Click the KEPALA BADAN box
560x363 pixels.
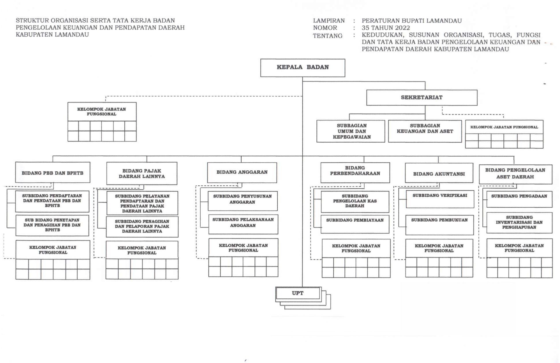coord(303,68)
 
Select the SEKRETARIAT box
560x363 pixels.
coord(421,98)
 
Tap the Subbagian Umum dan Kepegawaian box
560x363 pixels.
coord(351,131)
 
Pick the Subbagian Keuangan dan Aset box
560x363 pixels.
coord(425,131)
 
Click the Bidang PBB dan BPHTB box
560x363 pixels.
coord(53,173)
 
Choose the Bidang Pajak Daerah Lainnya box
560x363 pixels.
coord(142,174)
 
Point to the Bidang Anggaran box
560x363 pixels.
coord(242,172)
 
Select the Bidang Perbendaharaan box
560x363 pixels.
coord(355,172)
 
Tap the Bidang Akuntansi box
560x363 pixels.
coord(439,173)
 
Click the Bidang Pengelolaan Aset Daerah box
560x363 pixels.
coord(515,174)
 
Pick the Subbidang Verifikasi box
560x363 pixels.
coord(440,199)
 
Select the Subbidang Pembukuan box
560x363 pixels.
coord(440,225)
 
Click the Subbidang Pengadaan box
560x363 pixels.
coord(519,199)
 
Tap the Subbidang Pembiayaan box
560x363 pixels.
coord(355,224)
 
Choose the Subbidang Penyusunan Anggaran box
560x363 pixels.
coord(242,201)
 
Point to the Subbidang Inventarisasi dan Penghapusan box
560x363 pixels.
coord(519,223)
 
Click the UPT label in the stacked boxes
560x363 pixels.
coord(298,293)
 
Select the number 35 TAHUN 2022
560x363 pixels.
coord(386,28)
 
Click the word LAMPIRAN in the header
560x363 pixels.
coord(329,21)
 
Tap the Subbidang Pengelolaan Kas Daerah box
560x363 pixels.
coord(355,201)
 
